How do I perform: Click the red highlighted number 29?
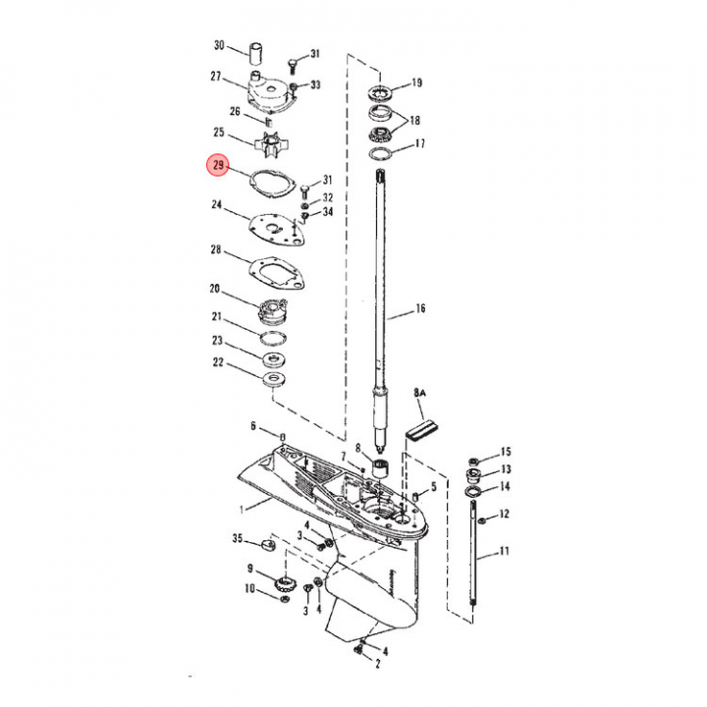(218, 165)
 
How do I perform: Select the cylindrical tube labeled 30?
(256, 54)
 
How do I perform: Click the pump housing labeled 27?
(271, 93)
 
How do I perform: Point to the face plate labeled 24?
(276, 230)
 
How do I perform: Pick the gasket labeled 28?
(277, 273)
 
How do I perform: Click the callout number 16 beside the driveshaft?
(420, 308)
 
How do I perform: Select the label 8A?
(420, 392)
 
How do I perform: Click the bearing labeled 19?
(381, 93)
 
